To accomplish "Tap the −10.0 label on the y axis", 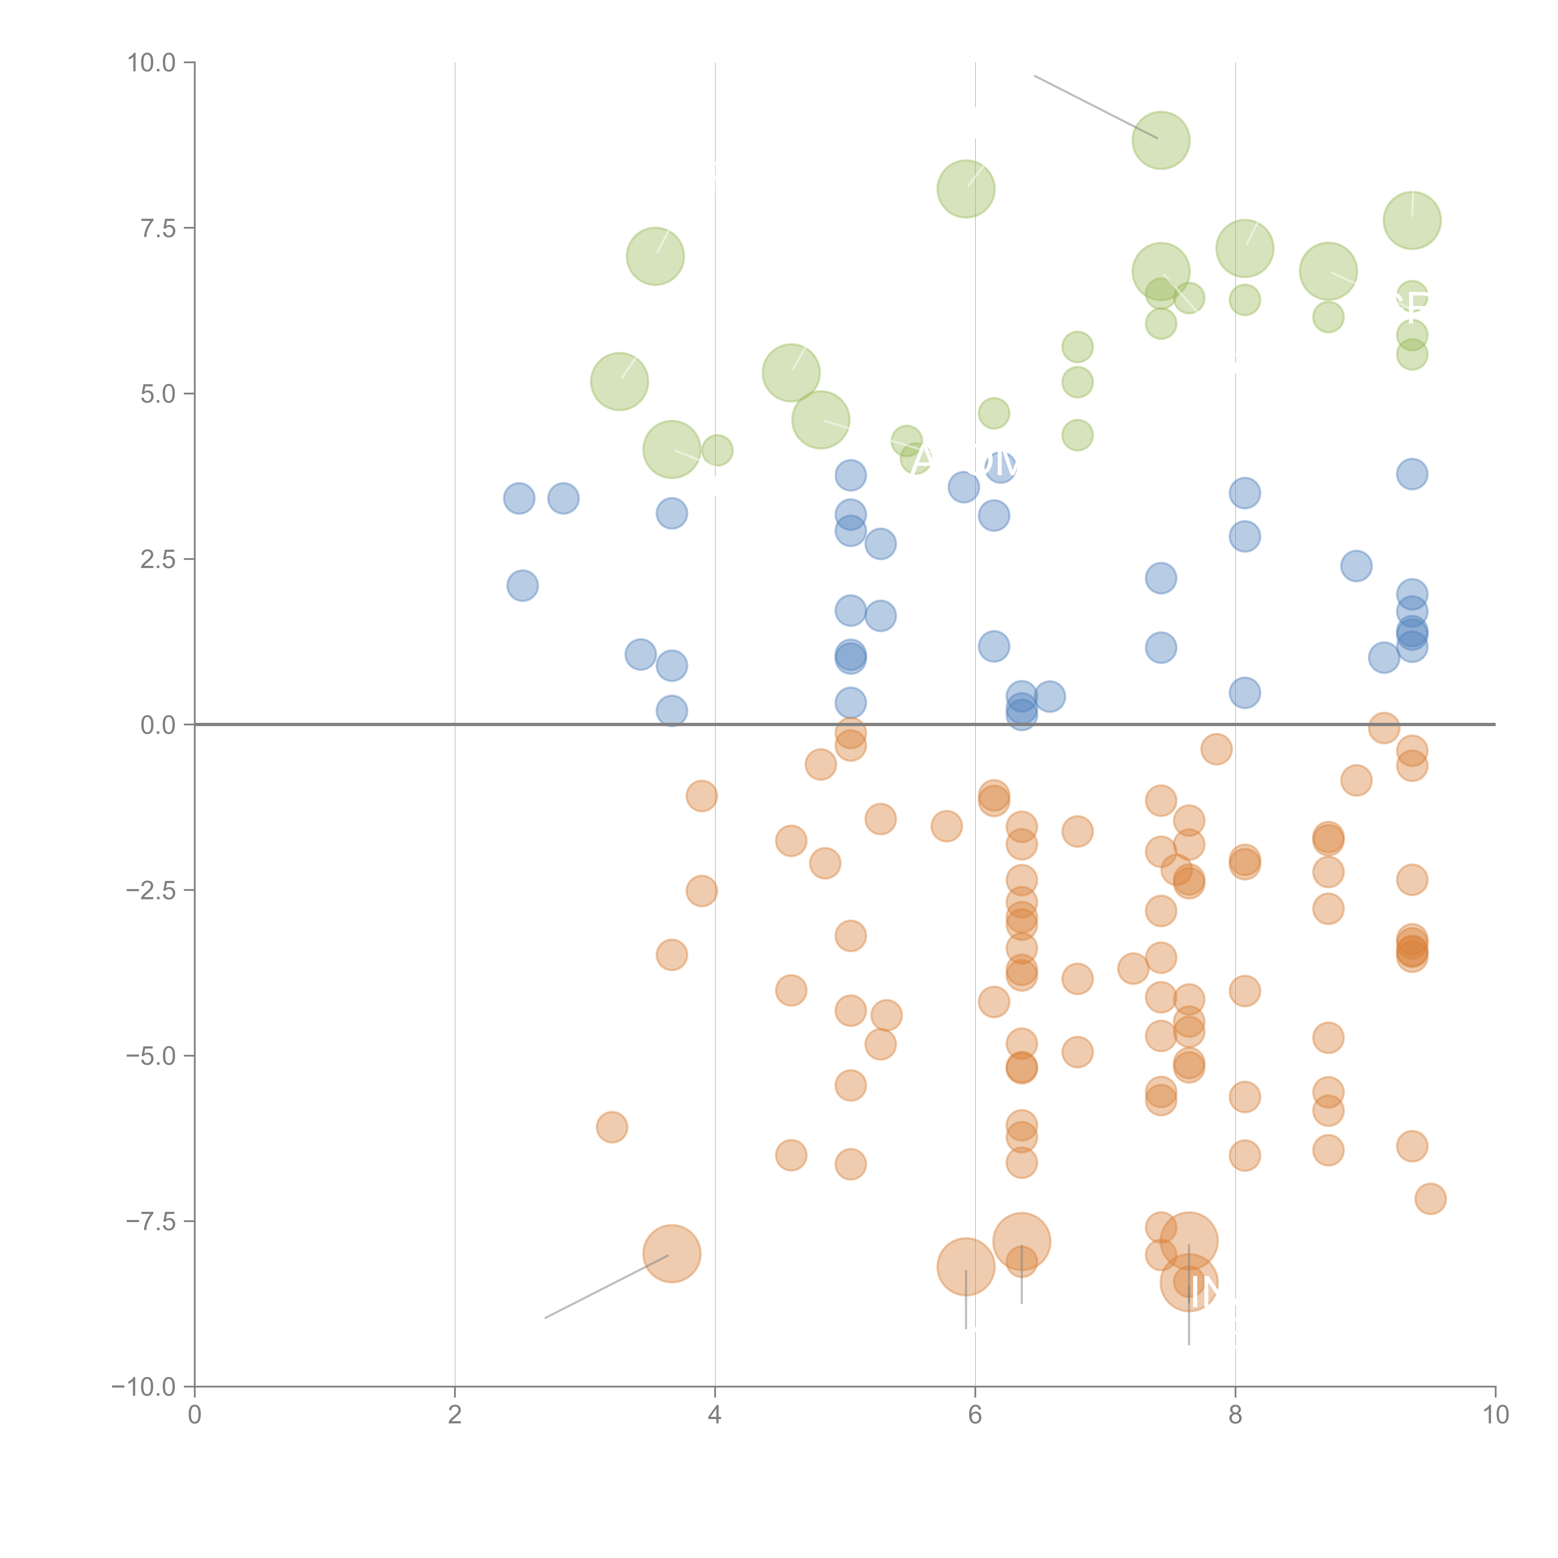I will (144, 1387).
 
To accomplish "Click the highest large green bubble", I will (1160, 140).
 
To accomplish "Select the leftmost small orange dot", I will (612, 1126).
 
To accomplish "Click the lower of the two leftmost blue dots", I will (523, 585).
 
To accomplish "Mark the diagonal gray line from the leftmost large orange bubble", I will (606, 1286).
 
